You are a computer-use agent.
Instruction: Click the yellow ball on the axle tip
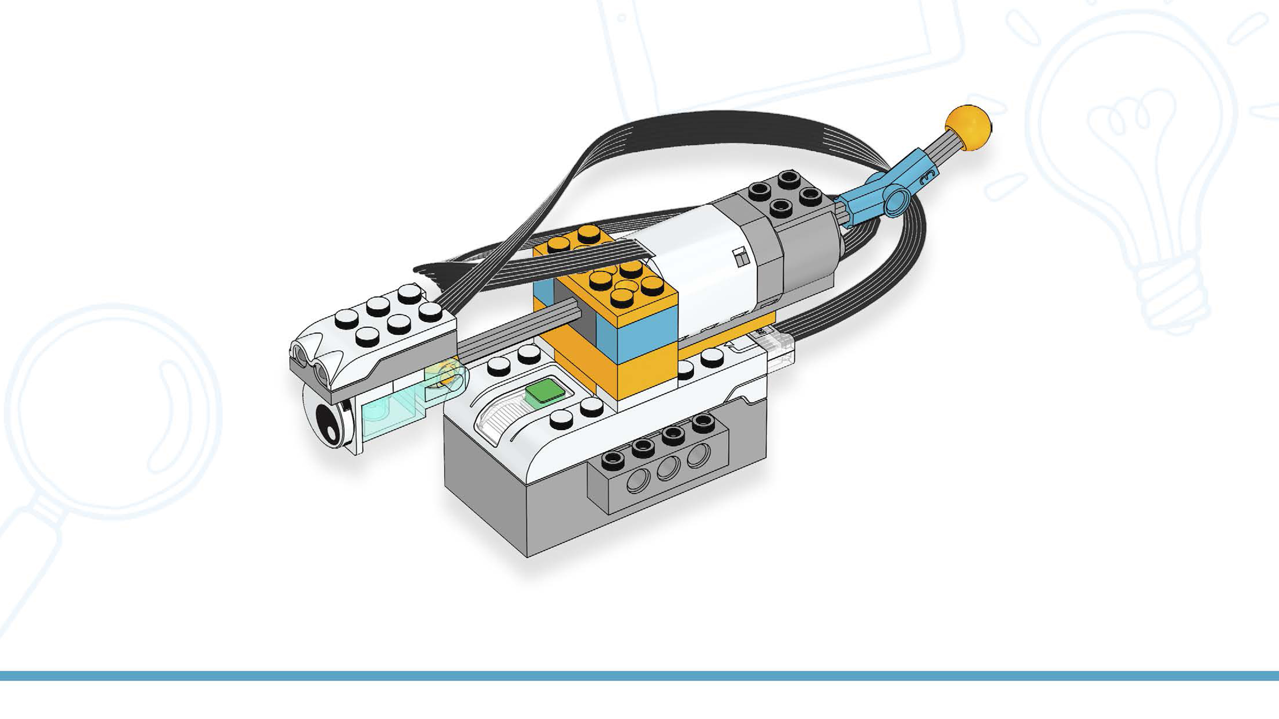click(968, 127)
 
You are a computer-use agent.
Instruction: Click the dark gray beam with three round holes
click(660, 471)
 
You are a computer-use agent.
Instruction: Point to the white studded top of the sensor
click(383, 322)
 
